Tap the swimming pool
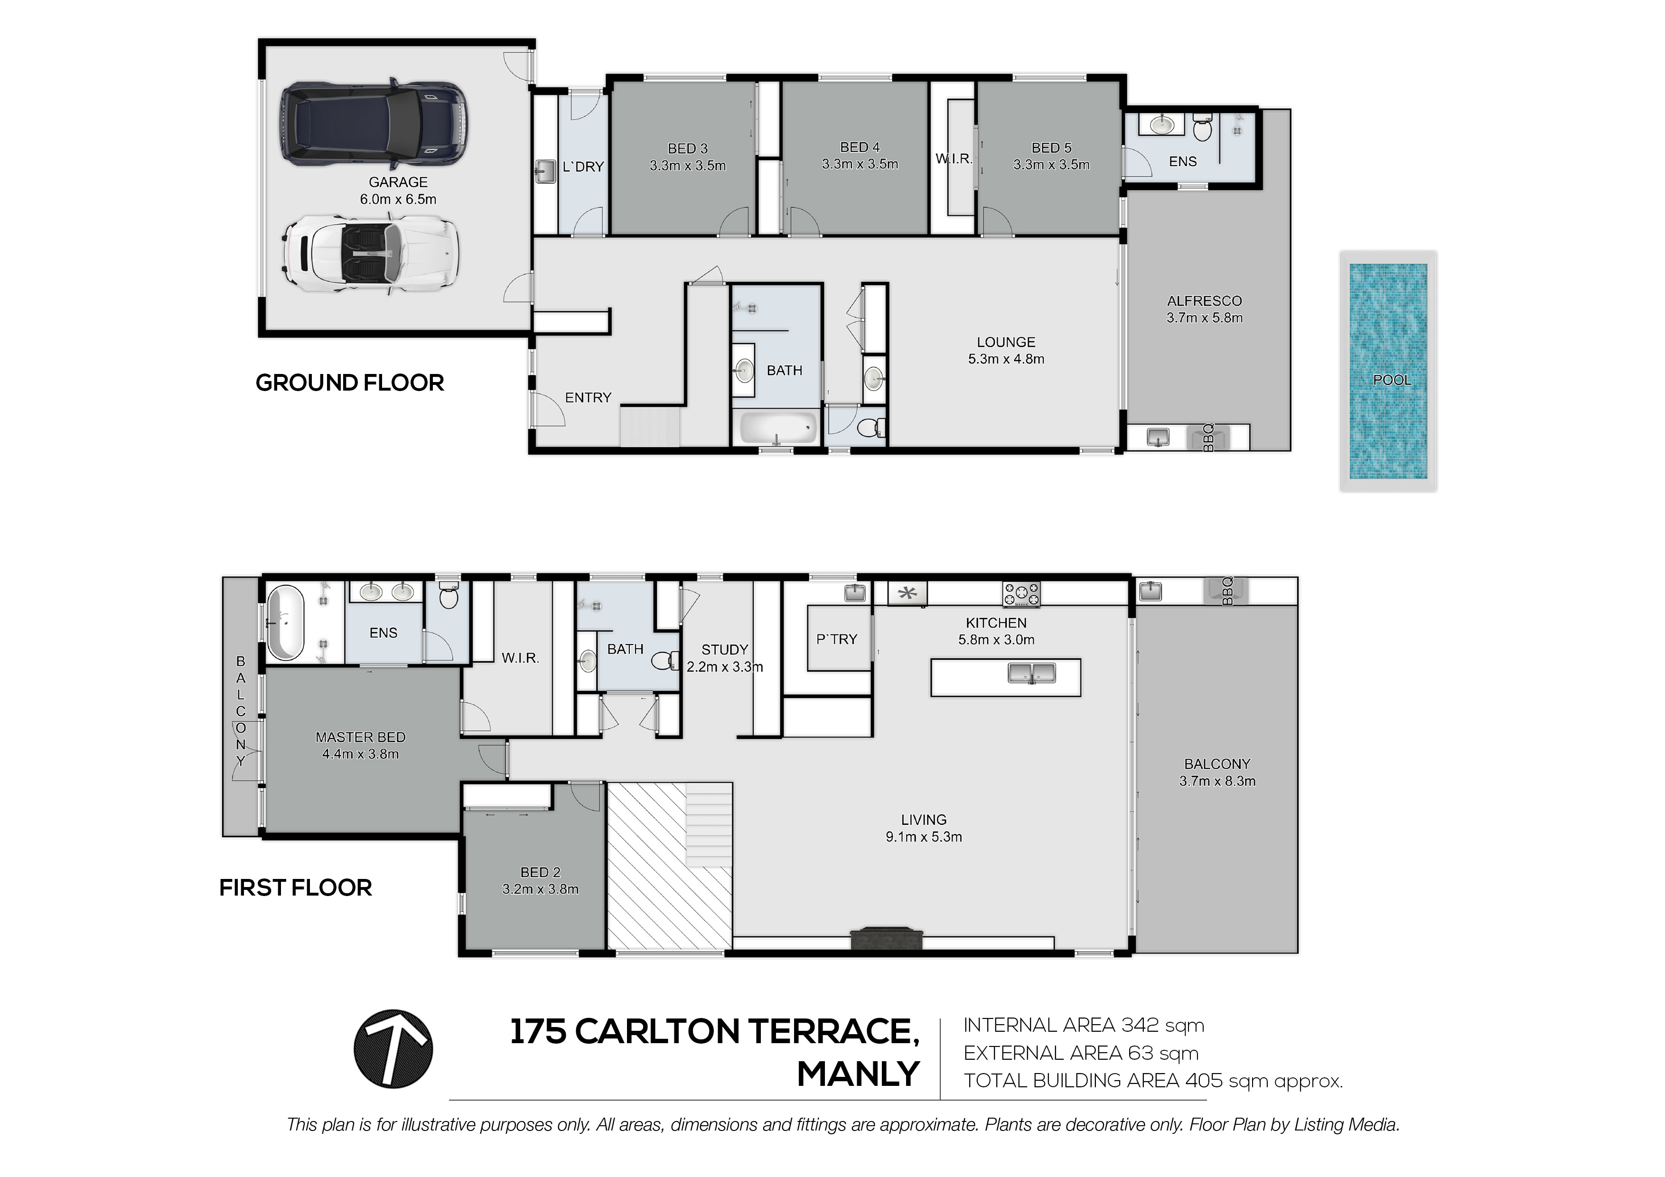1388,371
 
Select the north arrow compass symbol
393,1049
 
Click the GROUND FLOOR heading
349,383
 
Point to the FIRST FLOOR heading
295,887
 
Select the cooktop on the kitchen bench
1021,594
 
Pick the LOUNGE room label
1006,342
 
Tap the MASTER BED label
360,737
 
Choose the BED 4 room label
860,147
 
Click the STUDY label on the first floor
724,650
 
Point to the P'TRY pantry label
837,639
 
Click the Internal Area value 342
1140,1026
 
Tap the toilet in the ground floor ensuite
1202,128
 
